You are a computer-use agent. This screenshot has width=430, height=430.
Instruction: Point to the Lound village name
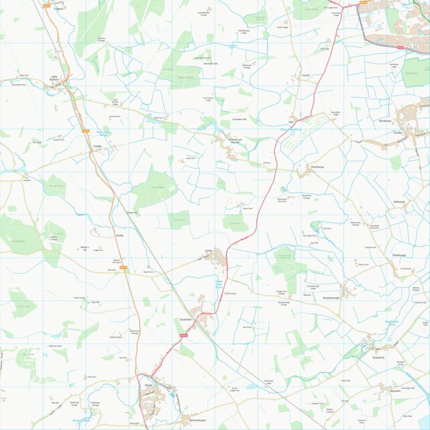pos(305,76)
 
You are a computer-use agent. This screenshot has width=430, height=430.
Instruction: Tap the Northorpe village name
pos(384,121)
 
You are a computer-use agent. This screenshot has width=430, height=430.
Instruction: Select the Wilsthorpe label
pos(398,256)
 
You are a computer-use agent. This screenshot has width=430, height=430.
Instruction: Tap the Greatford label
pos(378,358)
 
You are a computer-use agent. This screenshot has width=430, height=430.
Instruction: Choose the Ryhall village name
pos(149,386)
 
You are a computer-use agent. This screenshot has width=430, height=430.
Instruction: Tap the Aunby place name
pos(119,236)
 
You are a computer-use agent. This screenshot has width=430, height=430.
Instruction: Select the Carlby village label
pos(209,250)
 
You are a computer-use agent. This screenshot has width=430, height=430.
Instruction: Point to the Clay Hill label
pos(95,303)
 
